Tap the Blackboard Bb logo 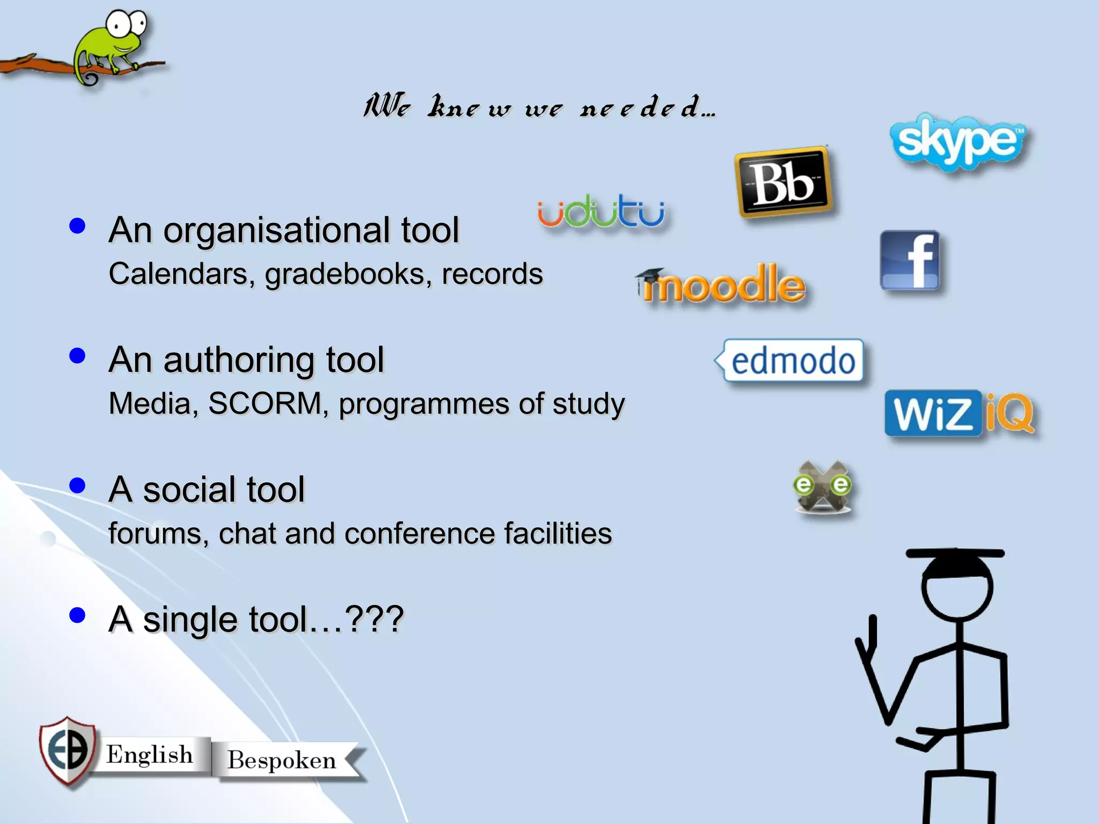tap(783, 182)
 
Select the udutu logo tap(601, 211)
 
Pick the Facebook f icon tap(911, 261)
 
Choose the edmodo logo tap(792, 360)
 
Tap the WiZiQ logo tap(959, 413)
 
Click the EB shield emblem tap(68, 751)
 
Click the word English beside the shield tap(149, 754)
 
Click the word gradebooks tap(348, 274)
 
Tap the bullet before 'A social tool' tap(78, 485)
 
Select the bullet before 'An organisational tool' tap(78, 226)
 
